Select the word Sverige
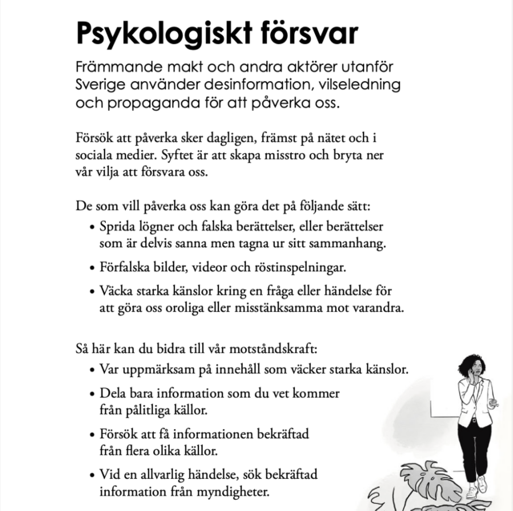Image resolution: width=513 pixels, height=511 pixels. pyautogui.click(x=103, y=84)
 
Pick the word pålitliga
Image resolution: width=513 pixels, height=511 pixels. pyautogui.click(x=156, y=410)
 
